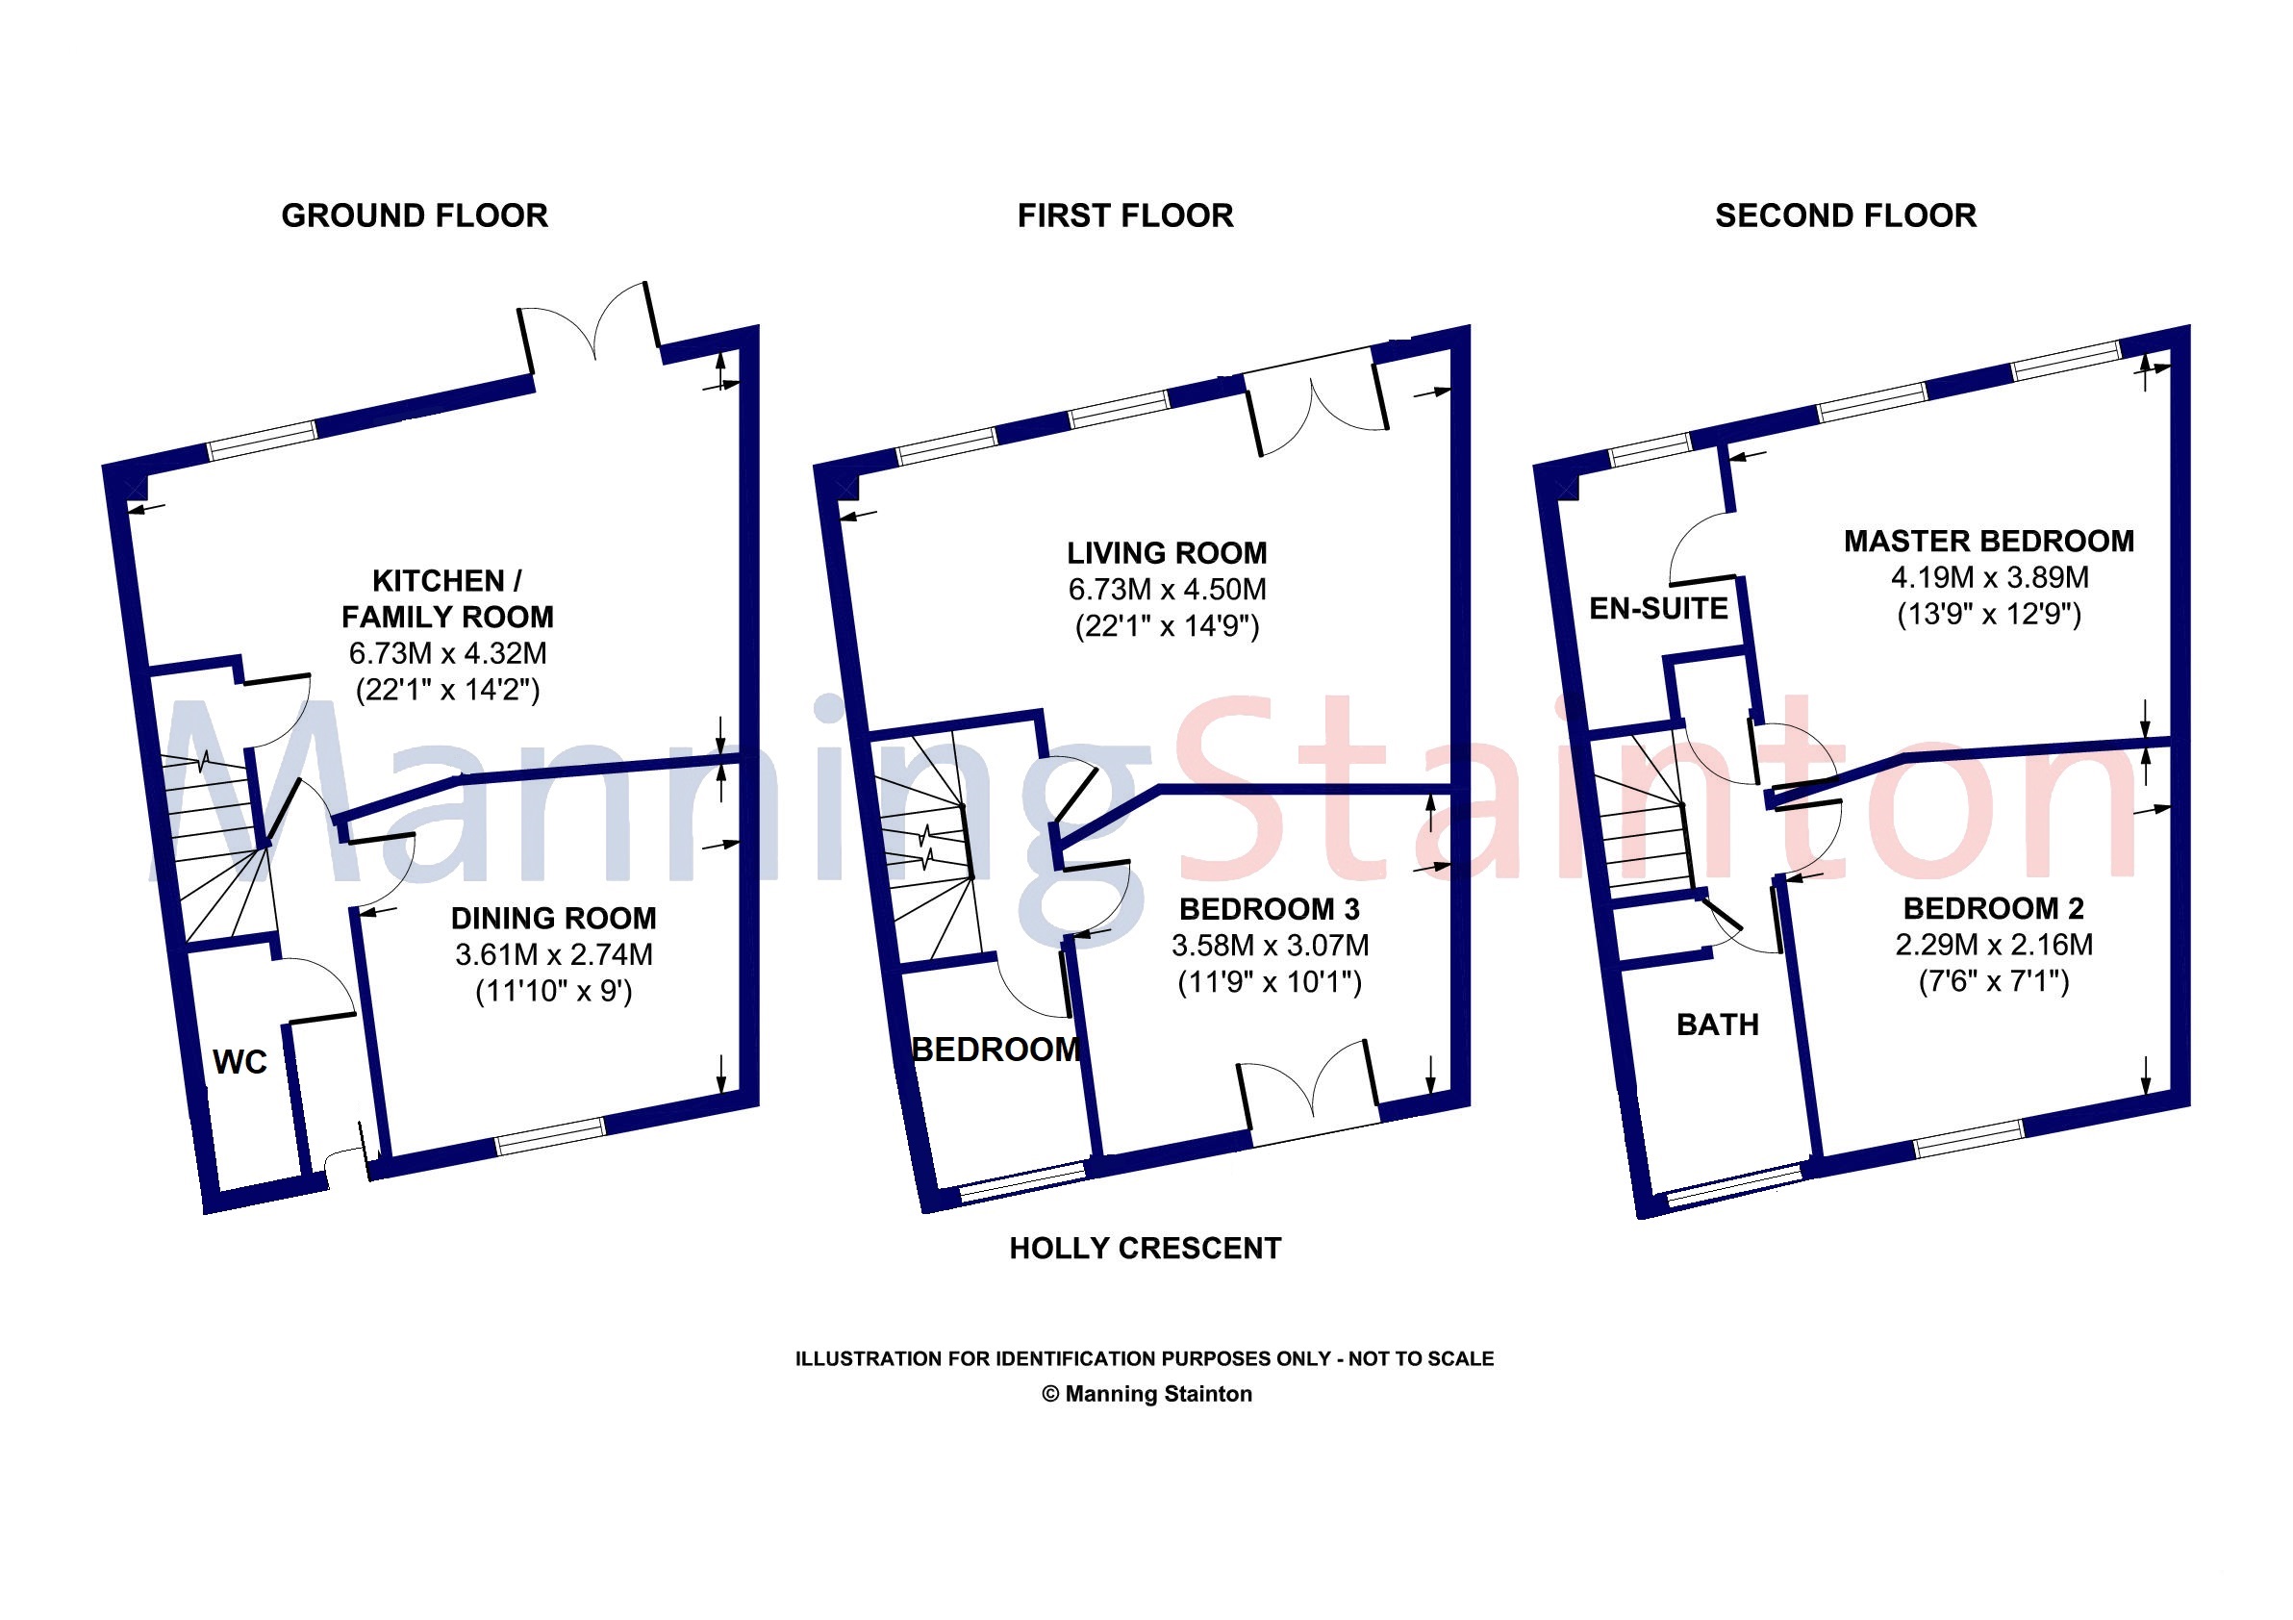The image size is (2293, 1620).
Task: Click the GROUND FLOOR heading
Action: coord(415,215)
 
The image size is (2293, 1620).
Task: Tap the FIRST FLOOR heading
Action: coord(1125,215)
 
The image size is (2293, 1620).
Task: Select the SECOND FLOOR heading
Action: coord(1846,215)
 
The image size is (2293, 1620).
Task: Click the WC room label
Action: coord(239,1062)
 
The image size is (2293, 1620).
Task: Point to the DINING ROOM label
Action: coord(553,918)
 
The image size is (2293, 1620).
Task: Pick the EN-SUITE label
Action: coord(1659,608)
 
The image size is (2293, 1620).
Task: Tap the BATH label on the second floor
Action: coord(1718,1025)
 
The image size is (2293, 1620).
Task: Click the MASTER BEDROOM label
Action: coord(1989,542)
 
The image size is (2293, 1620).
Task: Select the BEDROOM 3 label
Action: coord(1270,909)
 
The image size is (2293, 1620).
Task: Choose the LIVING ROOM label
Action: coord(1167,553)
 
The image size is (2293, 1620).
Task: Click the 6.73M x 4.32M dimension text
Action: coord(447,654)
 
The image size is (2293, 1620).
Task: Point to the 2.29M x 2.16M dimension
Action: coord(1994,945)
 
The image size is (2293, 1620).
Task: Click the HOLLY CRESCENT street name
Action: coord(1146,1249)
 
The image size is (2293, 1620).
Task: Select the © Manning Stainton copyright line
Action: coord(1146,1394)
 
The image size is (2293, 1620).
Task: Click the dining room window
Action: coord(551,1135)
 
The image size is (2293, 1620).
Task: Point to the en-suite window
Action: coord(1650,451)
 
